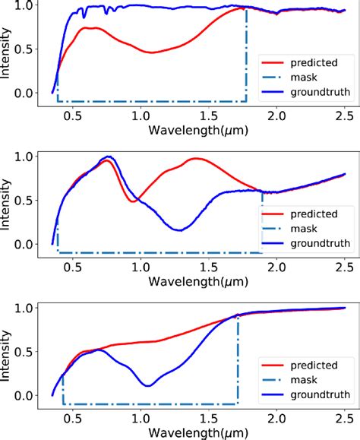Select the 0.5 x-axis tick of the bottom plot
[x=72, y=418]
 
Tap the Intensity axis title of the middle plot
[x=8, y=201]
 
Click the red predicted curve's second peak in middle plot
[x=197, y=159]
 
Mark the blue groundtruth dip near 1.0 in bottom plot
[x=148, y=385]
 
